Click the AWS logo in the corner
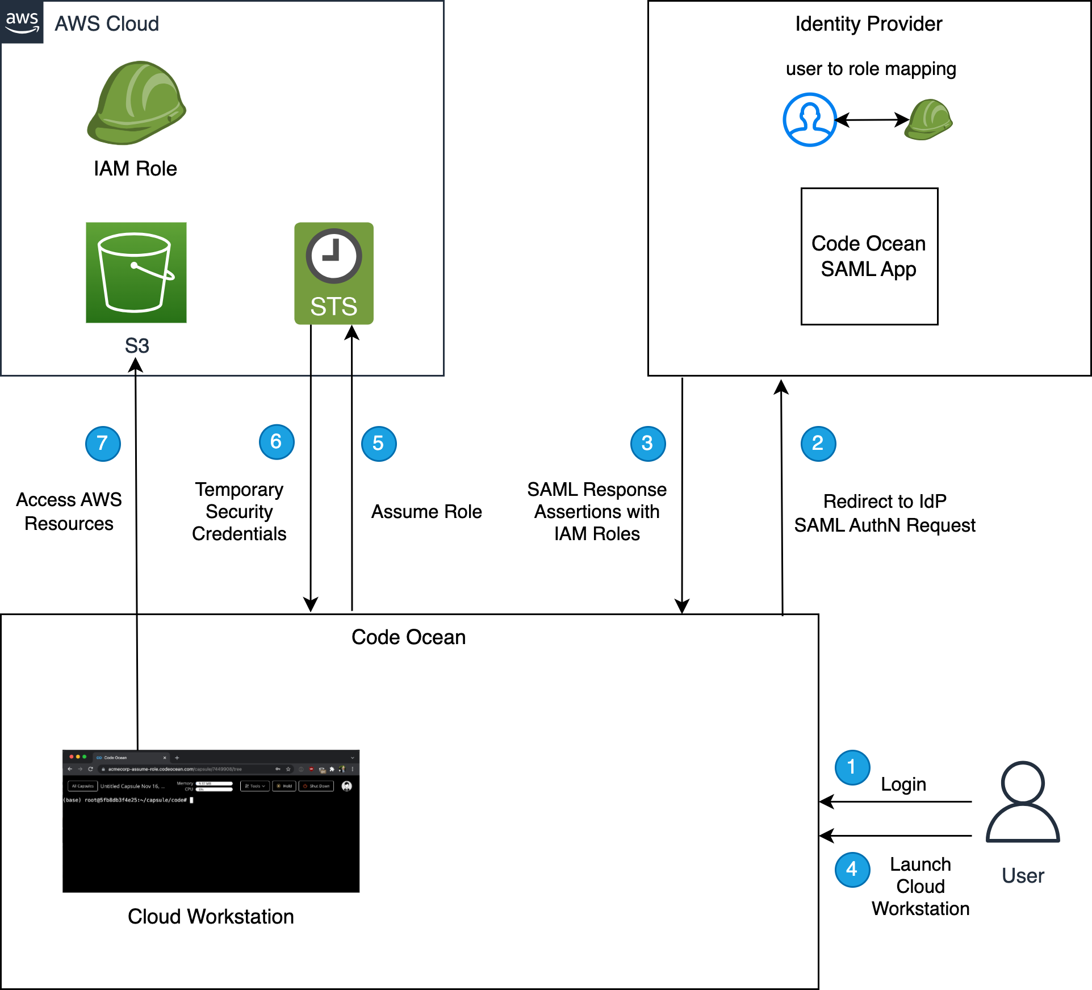[22, 22]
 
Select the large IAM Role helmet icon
[136, 103]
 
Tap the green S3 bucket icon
[136, 273]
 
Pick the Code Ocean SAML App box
[869, 256]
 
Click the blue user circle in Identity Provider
[809, 120]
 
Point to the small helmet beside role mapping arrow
[928, 119]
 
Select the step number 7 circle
[103, 444]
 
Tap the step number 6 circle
[277, 442]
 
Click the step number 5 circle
[379, 444]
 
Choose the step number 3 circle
[648, 444]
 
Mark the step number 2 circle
[818, 444]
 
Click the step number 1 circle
[852, 767]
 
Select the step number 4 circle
[852, 870]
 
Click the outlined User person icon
[1023, 801]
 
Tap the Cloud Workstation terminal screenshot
[211, 821]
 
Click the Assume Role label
[426, 512]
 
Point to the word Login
[903, 784]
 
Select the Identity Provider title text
[868, 24]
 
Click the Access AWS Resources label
[69, 511]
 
